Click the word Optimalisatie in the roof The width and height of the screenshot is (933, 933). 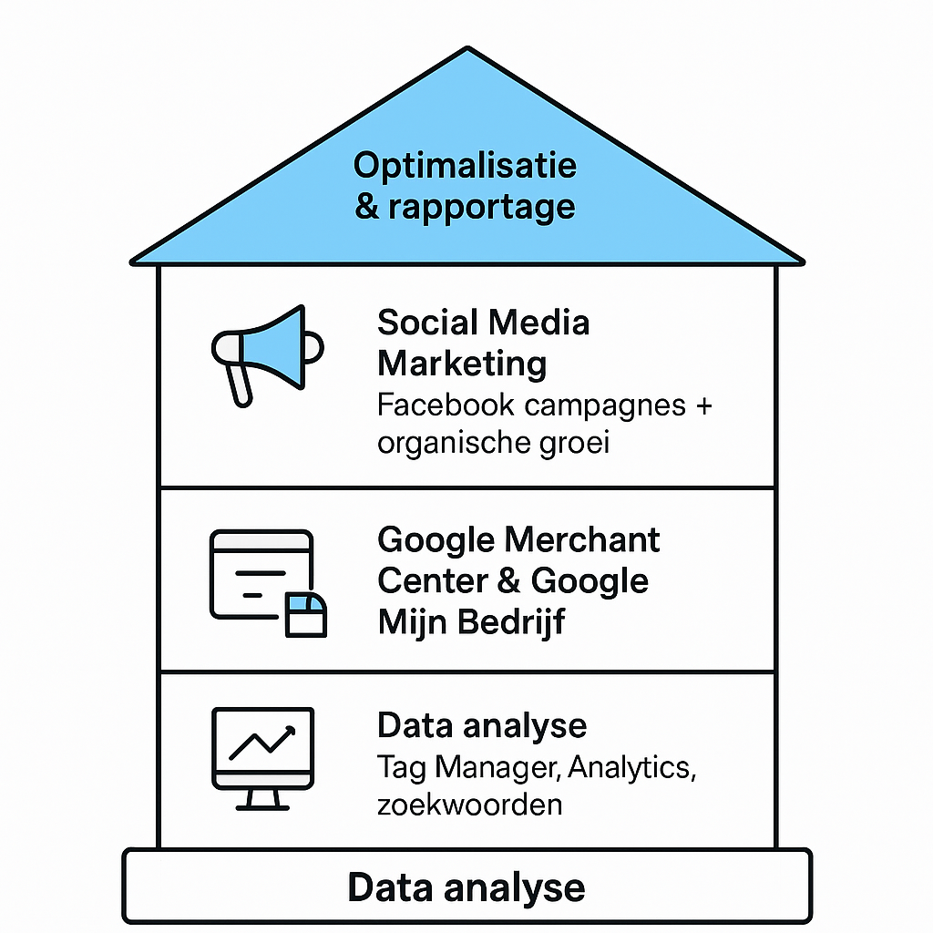coord(465,166)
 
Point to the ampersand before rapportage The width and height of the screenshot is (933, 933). coord(367,207)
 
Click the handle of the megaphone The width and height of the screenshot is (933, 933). coord(239,383)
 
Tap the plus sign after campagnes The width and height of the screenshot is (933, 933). coord(702,405)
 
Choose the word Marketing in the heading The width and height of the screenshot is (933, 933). coord(462,364)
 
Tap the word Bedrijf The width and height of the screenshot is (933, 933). coord(511,621)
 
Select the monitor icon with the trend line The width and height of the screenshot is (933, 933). coord(262,757)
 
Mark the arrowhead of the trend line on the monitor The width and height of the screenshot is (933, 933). coord(291,731)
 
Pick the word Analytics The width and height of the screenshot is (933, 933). coord(631,768)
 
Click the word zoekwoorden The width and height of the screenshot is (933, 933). coord(469,805)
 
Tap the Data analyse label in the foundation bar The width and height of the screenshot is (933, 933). coord(466,887)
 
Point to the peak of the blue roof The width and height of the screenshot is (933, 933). coord(467,51)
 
